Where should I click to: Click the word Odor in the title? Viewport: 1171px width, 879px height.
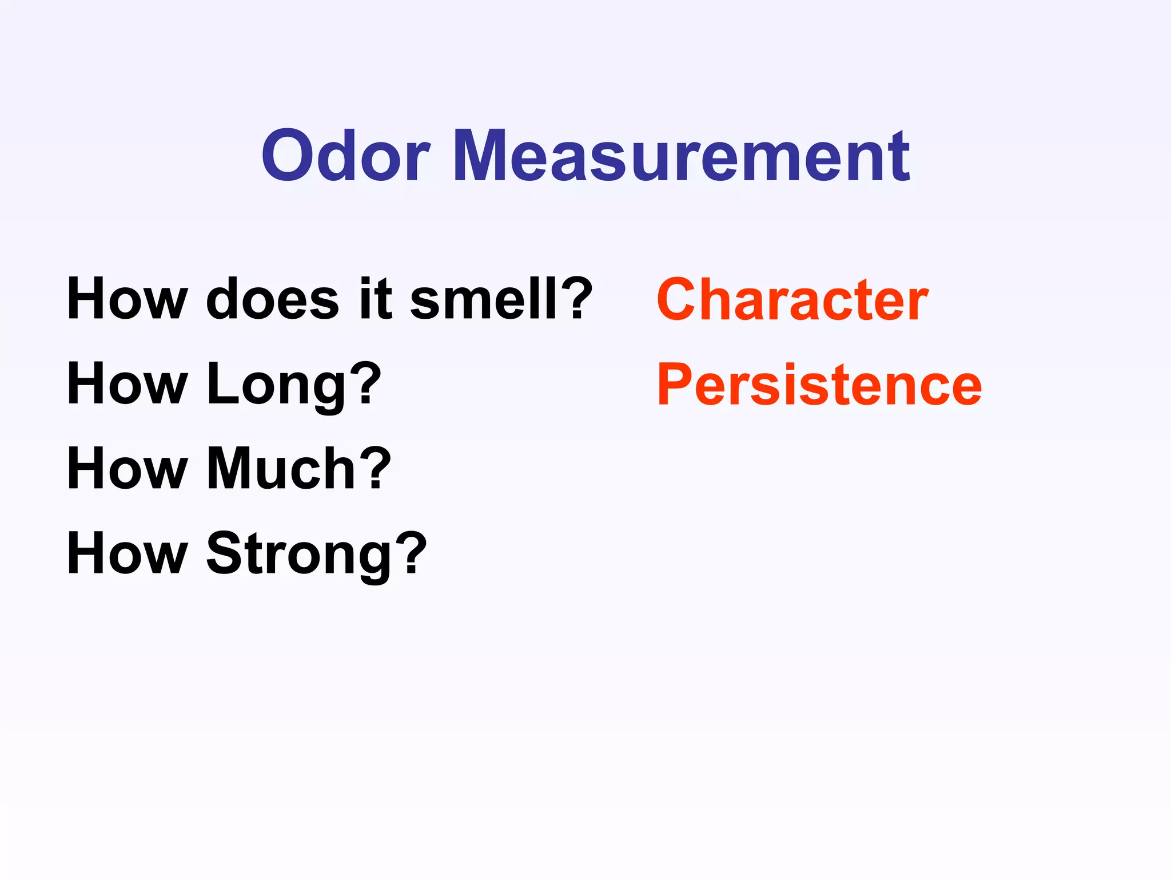[x=345, y=156]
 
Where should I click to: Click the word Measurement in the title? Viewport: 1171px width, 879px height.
[x=681, y=156]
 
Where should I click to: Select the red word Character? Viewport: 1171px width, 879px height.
[x=792, y=300]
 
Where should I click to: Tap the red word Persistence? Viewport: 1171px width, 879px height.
[x=819, y=385]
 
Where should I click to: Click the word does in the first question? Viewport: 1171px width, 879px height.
[x=272, y=300]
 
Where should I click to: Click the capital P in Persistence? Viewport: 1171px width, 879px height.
[x=675, y=385]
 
